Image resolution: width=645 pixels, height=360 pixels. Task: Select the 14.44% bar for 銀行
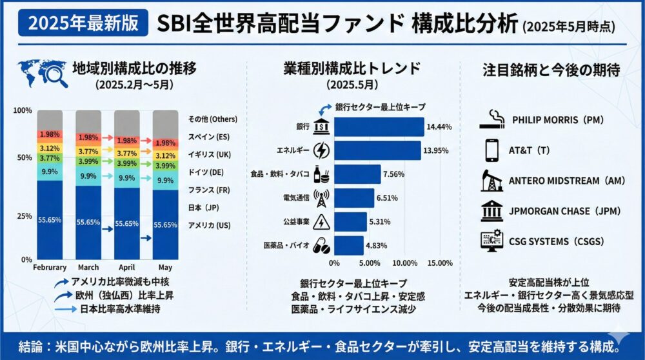coord(379,126)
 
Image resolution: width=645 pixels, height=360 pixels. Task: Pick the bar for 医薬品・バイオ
coord(348,246)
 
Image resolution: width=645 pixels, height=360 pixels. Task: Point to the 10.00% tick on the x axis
coord(404,263)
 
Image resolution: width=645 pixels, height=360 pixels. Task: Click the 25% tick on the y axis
coord(23,215)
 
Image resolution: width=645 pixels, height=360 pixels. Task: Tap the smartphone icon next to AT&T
coord(492,150)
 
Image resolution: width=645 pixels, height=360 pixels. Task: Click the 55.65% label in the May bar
coord(165,225)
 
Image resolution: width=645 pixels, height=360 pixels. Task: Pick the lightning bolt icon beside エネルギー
coord(321,150)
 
